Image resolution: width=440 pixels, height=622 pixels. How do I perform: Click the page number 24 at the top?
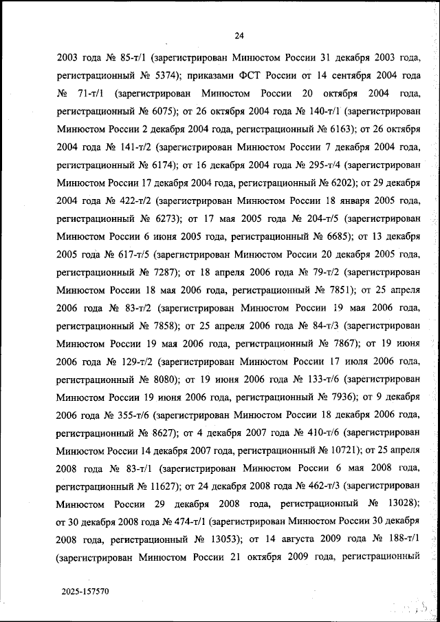pos(239,37)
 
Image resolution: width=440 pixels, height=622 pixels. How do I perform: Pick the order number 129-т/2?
pos(133,360)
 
